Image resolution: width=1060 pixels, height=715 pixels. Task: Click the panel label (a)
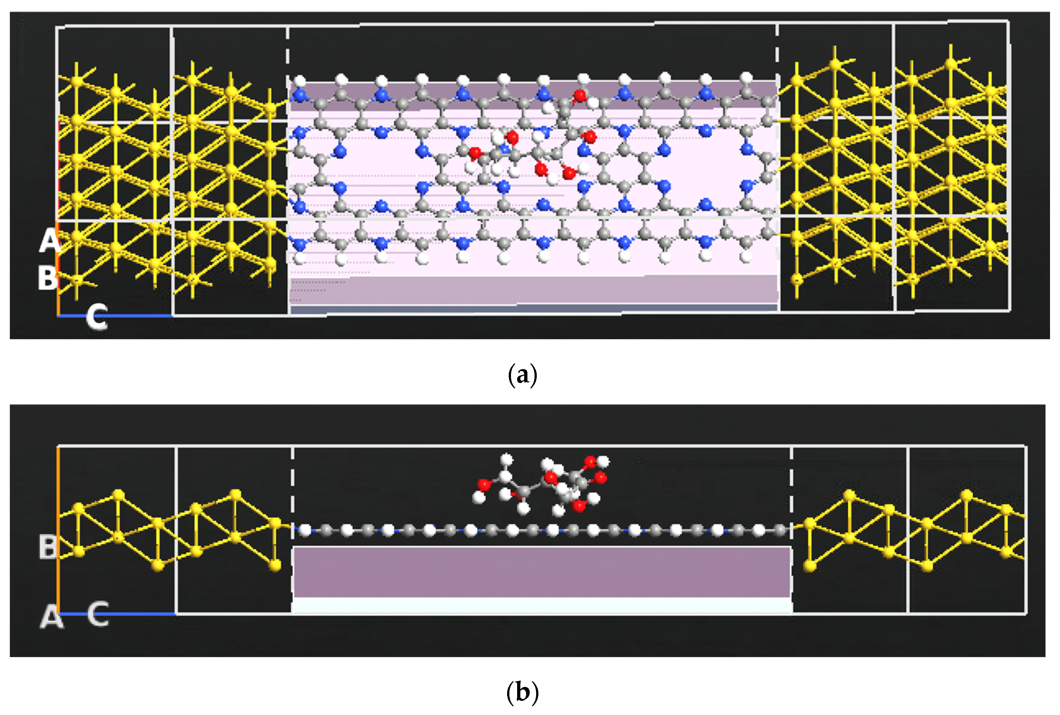click(522, 375)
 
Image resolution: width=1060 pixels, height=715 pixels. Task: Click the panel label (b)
click(522, 692)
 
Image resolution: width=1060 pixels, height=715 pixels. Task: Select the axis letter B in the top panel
click(47, 278)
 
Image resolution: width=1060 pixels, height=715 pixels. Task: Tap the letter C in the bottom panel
click(98, 614)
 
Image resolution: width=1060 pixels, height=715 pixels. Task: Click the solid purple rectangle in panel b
click(541, 572)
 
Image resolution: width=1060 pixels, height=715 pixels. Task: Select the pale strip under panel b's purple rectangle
click(541, 606)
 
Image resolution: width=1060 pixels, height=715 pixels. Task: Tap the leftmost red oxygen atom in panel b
click(484, 484)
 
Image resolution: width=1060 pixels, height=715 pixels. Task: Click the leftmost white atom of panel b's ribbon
click(305, 530)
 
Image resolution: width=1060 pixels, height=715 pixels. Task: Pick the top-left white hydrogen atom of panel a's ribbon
click(300, 81)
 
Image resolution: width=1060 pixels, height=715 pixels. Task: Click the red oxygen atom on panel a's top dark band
click(580, 96)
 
